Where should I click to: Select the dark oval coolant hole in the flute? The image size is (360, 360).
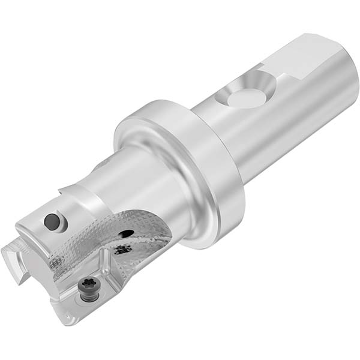(x=126, y=233)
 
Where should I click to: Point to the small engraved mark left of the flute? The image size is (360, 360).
(x=56, y=263)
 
